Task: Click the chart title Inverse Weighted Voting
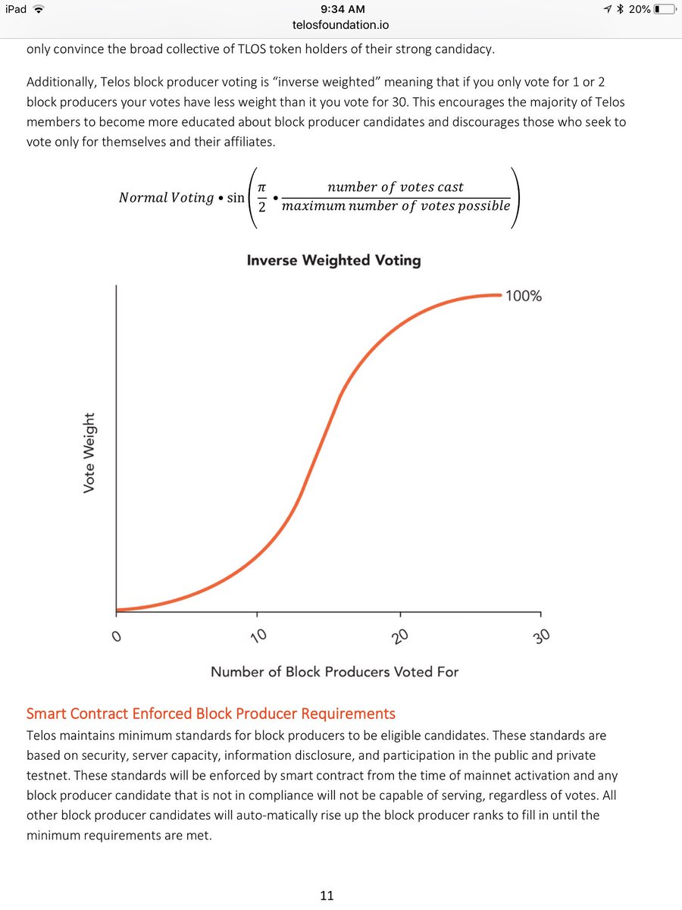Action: click(x=333, y=260)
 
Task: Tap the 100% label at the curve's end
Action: click(x=524, y=296)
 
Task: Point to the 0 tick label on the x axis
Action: click(x=117, y=636)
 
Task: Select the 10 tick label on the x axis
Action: click(x=259, y=636)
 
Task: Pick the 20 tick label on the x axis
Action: click(x=400, y=636)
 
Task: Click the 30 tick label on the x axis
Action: click(x=542, y=636)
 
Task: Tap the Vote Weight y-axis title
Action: click(x=89, y=453)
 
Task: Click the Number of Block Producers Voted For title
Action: click(x=335, y=672)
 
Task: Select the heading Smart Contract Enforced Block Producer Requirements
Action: click(x=211, y=714)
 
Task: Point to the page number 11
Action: click(x=327, y=896)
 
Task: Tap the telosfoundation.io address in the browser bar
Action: click(x=341, y=25)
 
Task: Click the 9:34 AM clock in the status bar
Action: click(x=343, y=9)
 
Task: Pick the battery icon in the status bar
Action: click(x=665, y=9)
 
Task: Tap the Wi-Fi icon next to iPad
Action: click(x=39, y=9)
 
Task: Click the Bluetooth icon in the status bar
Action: click(x=621, y=9)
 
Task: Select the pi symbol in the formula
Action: click(x=261, y=187)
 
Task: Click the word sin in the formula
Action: click(x=236, y=198)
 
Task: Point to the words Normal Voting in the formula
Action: click(x=167, y=198)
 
